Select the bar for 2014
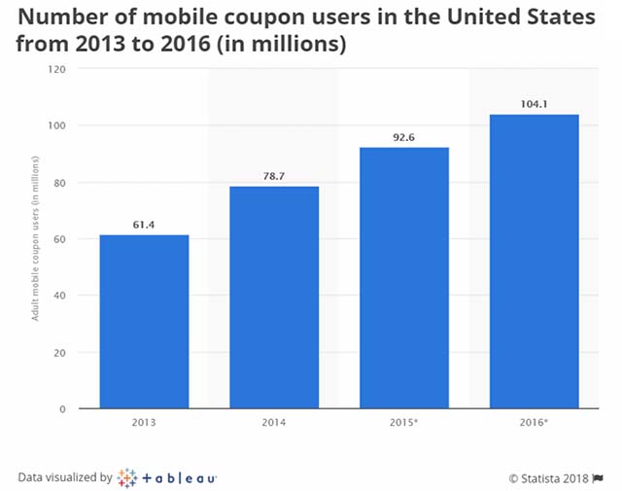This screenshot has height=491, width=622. pos(274,297)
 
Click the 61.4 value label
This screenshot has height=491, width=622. pos(144,225)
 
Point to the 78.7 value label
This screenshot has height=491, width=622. pos(274,176)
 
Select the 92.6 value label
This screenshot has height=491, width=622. pos(404,137)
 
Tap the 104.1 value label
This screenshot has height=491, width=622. pos(534,104)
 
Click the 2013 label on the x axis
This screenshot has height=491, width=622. pos(144,425)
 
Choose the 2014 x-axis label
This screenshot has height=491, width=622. pos(274,425)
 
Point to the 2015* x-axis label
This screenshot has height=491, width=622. pos(404,425)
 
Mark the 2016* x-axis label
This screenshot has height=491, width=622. pos(534,425)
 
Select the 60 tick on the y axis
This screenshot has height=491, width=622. pos(60,239)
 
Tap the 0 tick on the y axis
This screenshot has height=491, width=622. pos(63,409)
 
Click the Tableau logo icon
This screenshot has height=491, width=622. pos(127,477)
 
